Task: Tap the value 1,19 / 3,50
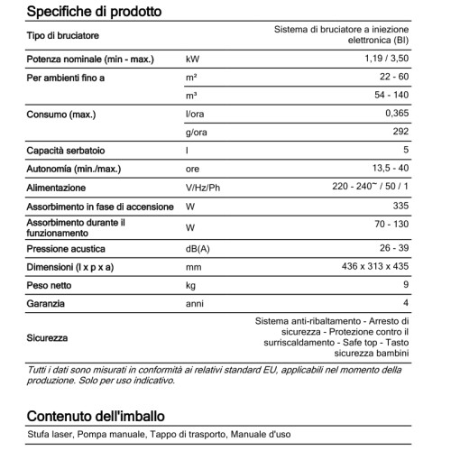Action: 384,60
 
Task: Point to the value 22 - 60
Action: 394,78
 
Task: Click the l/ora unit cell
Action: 196,115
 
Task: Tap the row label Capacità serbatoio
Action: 67,152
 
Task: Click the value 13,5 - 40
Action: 388,170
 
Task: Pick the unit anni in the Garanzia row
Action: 195,304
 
